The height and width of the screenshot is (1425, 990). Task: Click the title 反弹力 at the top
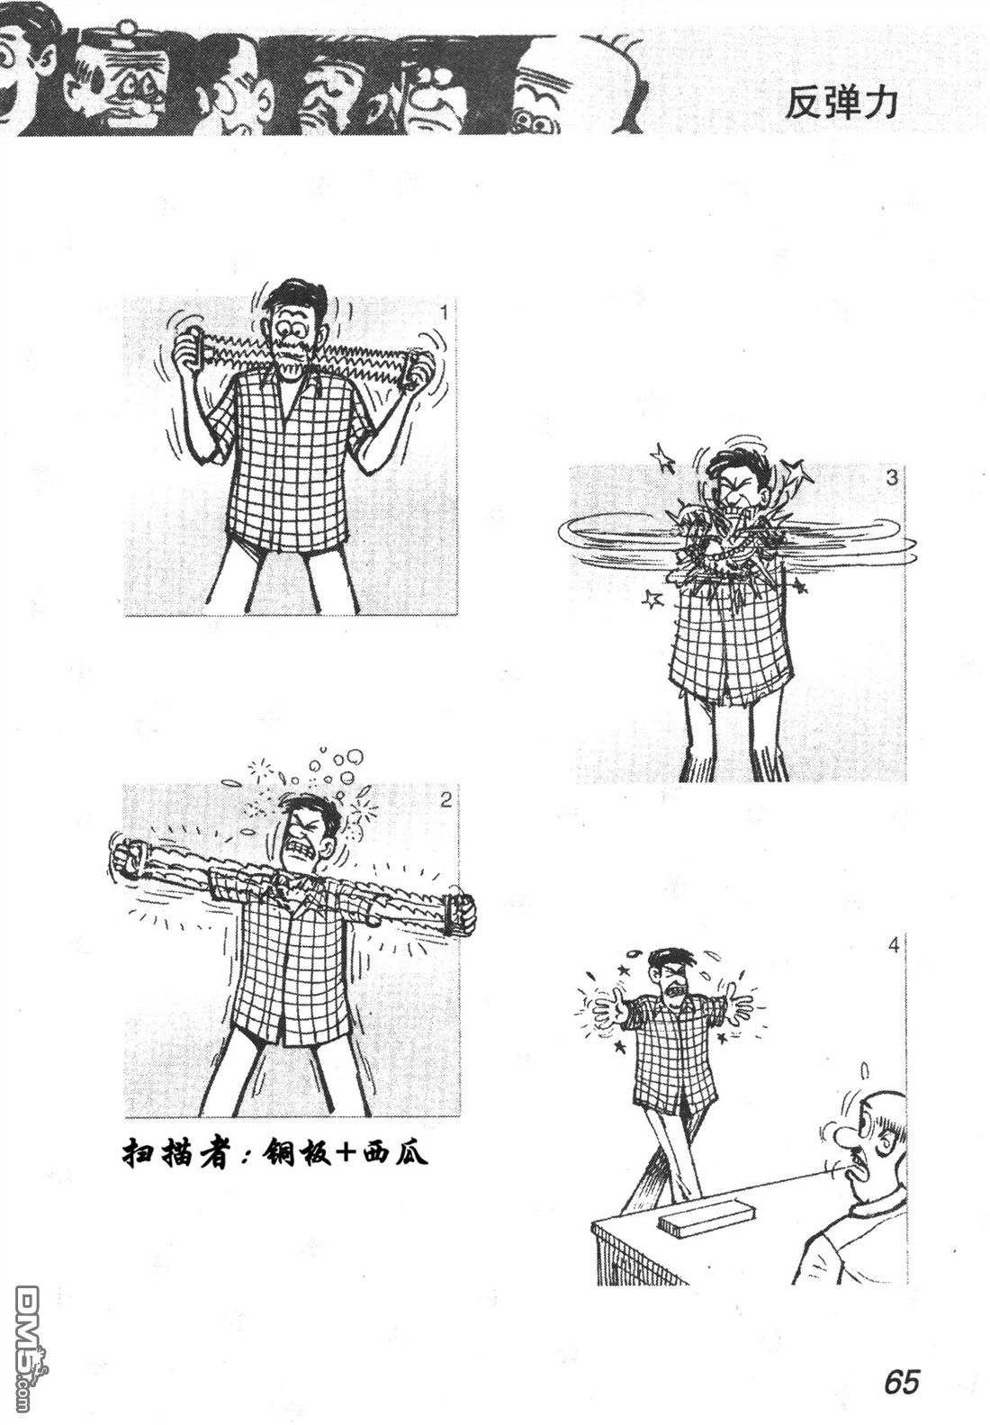coord(840,103)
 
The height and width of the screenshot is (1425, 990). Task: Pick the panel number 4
coord(894,946)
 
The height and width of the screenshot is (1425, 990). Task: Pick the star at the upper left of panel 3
coord(661,459)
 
